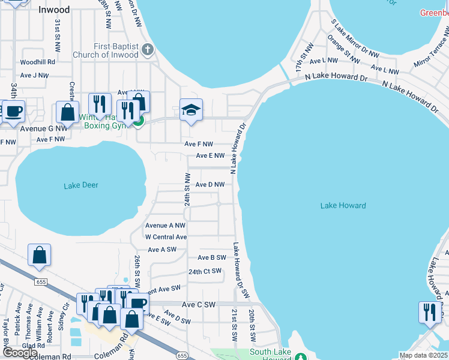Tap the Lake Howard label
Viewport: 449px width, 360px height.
pyautogui.click(x=343, y=206)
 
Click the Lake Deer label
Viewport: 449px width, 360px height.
pyautogui.click(x=80, y=185)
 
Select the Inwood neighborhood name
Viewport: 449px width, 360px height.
pyautogui.click(x=54, y=10)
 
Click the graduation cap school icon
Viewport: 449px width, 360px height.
pyautogui.click(x=191, y=110)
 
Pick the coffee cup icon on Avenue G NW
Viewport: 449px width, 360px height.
pyautogui.click(x=13, y=110)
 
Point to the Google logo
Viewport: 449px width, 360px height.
pyautogui.click(x=20, y=353)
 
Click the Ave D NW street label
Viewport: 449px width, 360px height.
pyautogui.click(x=210, y=185)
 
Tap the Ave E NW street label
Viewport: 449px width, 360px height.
pyautogui.click(x=210, y=156)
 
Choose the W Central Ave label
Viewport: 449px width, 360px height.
pyautogui.click(x=166, y=237)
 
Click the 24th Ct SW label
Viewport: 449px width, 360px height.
pyautogui.click(x=205, y=271)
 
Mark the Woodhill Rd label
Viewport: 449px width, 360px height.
pyautogui.click(x=37, y=62)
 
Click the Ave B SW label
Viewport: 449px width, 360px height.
pyautogui.click(x=212, y=257)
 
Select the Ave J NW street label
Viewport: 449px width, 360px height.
pyautogui.click(x=34, y=75)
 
